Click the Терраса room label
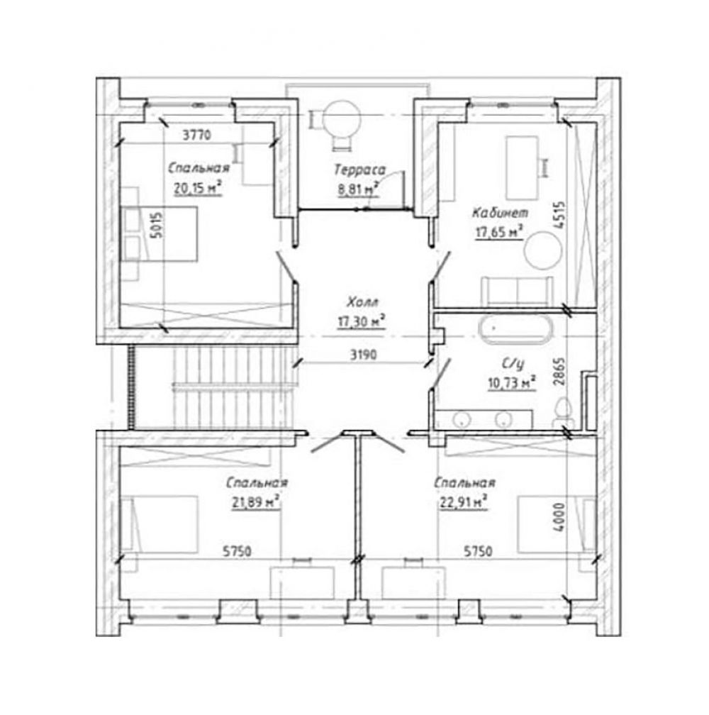pyautogui.click(x=359, y=170)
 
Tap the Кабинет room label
pyautogui.click(x=500, y=213)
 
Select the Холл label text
pyautogui.click(x=362, y=302)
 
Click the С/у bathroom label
pyautogui.click(x=513, y=363)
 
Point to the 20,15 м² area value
pyautogui.click(x=198, y=187)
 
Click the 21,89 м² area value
pyautogui.click(x=256, y=502)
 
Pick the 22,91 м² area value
pyautogui.click(x=464, y=502)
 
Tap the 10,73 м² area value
pyautogui.click(x=512, y=383)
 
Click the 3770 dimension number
pyautogui.click(x=197, y=135)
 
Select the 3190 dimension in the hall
pyautogui.click(x=363, y=355)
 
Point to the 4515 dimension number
pyautogui.click(x=559, y=215)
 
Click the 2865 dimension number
pyautogui.click(x=559, y=371)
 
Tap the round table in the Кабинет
pyautogui.click(x=543, y=250)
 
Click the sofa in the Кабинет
pyautogui.click(x=517, y=291)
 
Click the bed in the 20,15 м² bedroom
pyautogui.click(x=159, y=234)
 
